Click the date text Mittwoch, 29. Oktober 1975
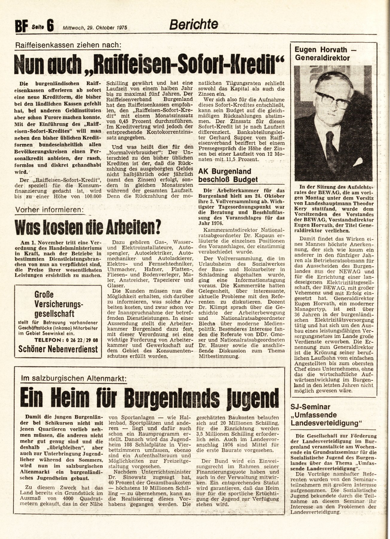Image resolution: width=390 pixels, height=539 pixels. click(x=95, y=28)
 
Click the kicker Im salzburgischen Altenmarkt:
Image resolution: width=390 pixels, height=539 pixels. click(x=74, y=378)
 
